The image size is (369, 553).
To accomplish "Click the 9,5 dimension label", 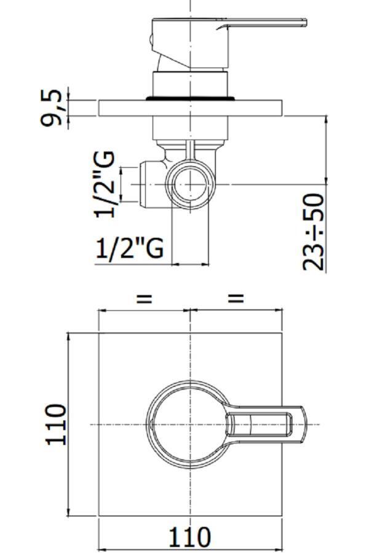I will click(x=52, y=107).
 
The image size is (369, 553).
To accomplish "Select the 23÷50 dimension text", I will click(x=314, y=232).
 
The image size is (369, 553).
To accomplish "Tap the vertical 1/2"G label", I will click(x=105, y=184).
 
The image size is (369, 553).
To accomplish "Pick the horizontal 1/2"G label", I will click(x=130, y=248).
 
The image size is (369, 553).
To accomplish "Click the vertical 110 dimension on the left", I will click(x=56, y=425).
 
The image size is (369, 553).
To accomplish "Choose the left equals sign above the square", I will click(x=144, y=299).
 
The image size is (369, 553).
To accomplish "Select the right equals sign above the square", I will click(x=237, y=299).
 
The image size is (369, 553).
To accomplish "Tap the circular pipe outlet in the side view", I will click(x=191, y=184).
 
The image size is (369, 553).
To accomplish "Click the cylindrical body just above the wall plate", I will click(x=191, y=84).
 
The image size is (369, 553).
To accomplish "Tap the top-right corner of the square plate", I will click(x=282, y=333).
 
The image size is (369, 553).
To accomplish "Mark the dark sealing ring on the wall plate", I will click(x=191, y=98).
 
